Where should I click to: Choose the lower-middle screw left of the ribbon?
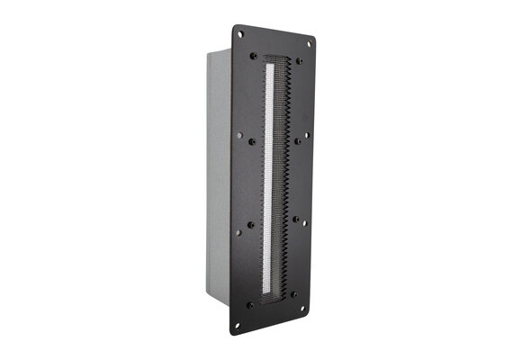(250, 224)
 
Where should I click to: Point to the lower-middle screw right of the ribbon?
(294, 218)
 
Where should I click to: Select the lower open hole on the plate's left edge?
(238, 233)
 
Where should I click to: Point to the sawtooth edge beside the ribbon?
(283, 180)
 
